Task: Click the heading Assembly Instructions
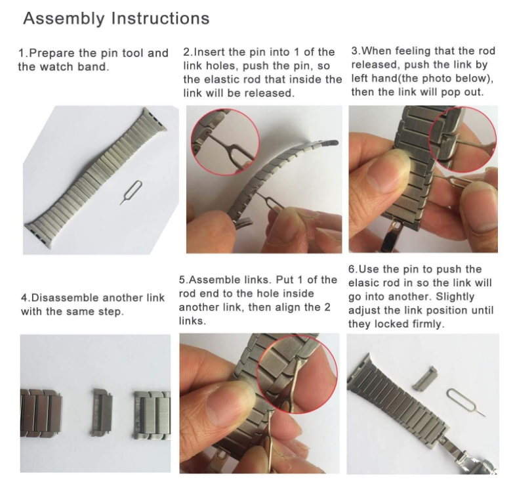point(116,18)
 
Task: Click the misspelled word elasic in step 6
point(365,283)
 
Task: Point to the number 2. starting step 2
point(188,52)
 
